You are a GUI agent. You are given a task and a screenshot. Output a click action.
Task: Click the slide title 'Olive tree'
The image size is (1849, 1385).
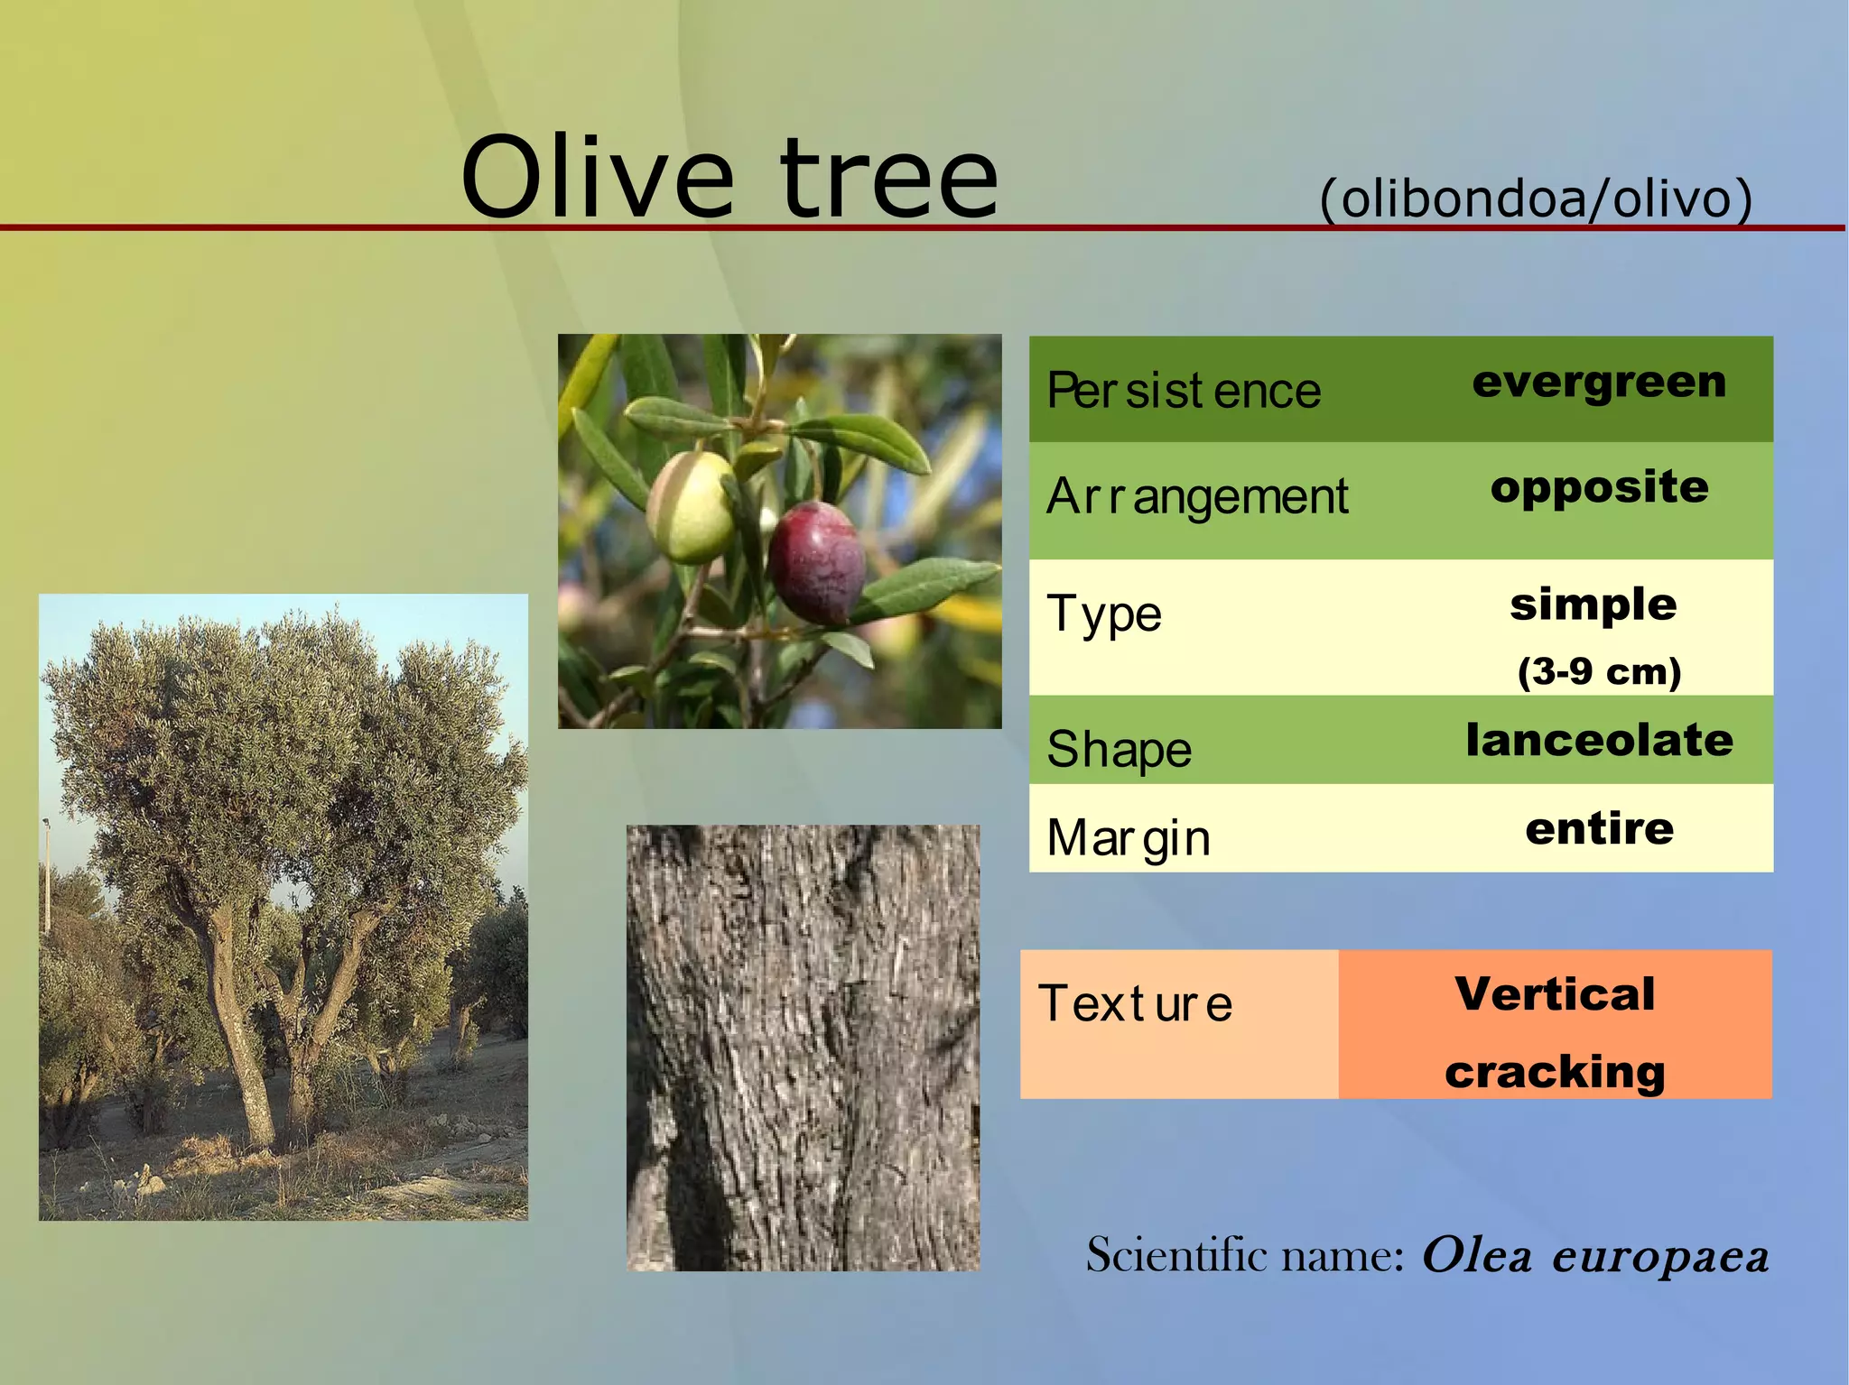729,178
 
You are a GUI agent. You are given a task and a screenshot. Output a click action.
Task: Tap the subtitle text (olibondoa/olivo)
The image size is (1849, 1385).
1536,198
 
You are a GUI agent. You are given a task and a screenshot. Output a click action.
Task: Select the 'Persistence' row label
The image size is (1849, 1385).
1183,391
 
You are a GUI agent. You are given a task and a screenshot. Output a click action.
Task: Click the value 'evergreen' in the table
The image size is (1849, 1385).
1599,383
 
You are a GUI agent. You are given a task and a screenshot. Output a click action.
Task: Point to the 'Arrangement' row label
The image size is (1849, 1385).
1197,496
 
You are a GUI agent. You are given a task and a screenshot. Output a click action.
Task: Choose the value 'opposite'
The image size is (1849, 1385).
1599,488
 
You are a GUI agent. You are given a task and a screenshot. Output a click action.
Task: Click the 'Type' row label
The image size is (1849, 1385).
1104,614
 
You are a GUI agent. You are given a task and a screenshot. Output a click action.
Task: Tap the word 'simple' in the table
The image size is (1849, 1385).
1593,604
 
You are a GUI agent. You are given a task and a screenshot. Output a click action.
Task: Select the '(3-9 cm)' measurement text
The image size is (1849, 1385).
1599,671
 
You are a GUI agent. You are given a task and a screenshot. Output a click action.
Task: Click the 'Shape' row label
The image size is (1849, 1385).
1120,749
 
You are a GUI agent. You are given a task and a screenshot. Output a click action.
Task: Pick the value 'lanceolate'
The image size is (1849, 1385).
1599,741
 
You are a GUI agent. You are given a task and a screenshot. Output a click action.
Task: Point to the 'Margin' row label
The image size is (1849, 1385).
1129,837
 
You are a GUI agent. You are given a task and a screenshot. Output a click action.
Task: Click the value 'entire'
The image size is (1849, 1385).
1599,828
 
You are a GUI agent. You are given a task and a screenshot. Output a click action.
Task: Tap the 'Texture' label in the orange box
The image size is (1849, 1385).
1136,1003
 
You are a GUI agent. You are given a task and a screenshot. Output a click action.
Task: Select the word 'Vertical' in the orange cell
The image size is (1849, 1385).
1555,994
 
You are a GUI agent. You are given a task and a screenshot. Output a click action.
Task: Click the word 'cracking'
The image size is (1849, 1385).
1555,1072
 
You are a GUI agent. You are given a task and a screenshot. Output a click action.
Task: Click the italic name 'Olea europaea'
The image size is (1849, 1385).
1594,1255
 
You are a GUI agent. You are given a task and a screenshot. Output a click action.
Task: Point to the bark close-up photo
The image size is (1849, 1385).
803,1048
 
